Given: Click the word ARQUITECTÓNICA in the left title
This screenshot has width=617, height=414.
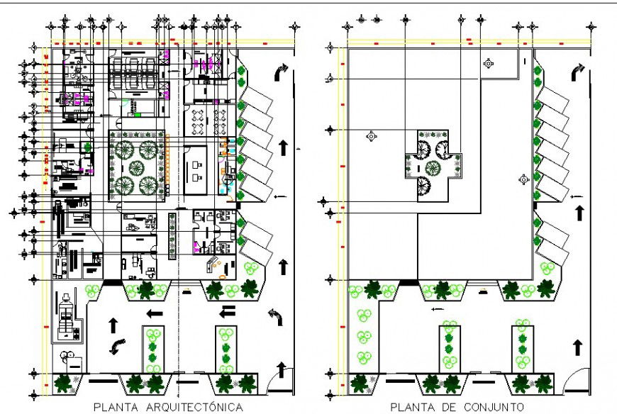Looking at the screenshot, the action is [194, 407].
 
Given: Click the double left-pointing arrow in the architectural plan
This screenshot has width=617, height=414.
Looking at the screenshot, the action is [227, 311].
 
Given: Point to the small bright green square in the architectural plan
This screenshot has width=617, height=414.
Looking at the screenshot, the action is [138, 114].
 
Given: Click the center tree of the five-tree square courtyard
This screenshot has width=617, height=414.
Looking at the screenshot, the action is [136, 168].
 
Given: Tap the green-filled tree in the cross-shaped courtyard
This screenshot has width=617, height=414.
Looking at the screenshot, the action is [433, 168].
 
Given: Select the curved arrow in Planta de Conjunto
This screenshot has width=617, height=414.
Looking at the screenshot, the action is [578, 72].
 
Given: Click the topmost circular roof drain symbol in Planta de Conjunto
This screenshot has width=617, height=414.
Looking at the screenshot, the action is [489, 63].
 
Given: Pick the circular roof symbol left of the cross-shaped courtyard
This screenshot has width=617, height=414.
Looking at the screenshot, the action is [372, 136].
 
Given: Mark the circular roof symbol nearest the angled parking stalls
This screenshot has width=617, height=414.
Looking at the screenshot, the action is [524, 179].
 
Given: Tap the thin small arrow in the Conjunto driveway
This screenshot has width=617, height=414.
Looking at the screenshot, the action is [438, 309].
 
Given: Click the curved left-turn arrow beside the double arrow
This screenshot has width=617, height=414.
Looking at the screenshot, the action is [276, 317].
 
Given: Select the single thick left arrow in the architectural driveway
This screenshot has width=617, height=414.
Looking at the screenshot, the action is [155, 313].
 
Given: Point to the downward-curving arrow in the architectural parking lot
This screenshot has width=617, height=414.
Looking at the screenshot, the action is [118, 347].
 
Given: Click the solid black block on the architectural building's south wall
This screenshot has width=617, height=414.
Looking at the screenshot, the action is [113, 283].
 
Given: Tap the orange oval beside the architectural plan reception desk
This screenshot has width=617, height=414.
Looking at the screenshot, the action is [222, 277].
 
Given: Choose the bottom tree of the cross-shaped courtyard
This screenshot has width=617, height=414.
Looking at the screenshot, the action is [423, 185].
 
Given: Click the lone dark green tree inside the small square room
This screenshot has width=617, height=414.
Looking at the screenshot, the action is [87, 147].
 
